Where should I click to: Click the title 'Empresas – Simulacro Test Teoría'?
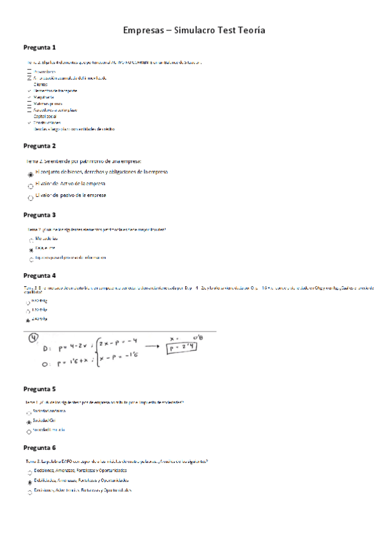point(194,30)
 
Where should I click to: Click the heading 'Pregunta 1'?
point(40,47)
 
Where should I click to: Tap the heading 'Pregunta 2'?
point(40,146)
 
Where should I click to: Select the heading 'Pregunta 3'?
point(40,215)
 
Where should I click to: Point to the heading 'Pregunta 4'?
point(40,275)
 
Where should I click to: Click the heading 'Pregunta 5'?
point(40,389)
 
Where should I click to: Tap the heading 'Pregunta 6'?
point(40,447)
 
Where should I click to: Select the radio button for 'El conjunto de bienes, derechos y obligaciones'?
point(30,174)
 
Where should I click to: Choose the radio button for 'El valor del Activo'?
point(30,186)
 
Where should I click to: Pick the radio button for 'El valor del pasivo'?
point(30,197)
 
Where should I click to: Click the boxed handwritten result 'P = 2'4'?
point(182,348)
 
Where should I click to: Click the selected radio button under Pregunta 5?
point(30,421)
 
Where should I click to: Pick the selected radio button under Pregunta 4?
point(29,320)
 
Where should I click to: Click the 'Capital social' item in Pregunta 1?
point(45,117)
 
